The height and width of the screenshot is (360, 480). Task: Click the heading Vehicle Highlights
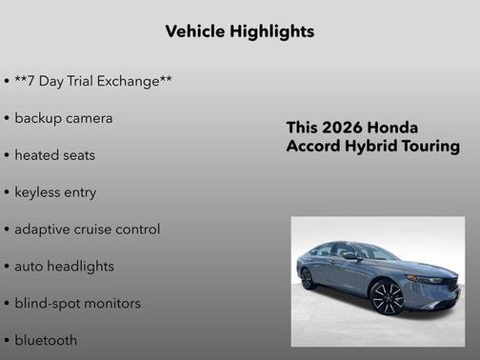tap(239, 31)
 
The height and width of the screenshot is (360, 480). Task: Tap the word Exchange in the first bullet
tap(132, 81)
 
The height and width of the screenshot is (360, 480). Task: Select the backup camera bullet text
tap(63, 118)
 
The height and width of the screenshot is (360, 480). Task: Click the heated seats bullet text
tap(54, 155)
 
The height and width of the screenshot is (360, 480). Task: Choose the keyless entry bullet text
tap(55, 192)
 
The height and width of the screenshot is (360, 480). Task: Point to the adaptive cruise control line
tap(87, 230)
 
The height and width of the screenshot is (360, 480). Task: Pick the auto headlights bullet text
tap(64, 267)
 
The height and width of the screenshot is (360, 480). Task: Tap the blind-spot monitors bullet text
tap(77, 304)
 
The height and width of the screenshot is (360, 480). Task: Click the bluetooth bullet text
tap(46, 340)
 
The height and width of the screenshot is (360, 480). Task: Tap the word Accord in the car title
tap(314, 147)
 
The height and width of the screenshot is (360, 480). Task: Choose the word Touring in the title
tap(431, 147)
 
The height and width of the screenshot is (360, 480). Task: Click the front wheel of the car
tap(388, 297)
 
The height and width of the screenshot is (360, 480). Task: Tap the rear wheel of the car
tap(308, 278)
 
